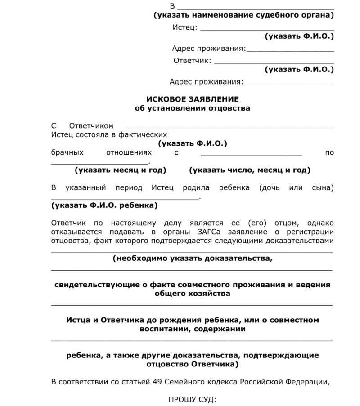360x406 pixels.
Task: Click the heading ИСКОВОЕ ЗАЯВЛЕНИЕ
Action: click(x=193, y=99)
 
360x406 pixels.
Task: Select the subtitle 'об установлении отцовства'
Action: click(x=193, y=108)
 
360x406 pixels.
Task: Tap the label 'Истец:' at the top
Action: click(x=185, y=27)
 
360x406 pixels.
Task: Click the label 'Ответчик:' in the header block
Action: click(x=192, y=61)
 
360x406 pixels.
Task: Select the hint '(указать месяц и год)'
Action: click(x=121, y=170)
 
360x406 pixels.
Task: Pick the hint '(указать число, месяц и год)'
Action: click(x=250, y=170)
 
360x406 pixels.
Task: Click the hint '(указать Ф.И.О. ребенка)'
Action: click(x=104, y=205)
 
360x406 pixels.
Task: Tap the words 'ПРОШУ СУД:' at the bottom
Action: click(x=193, y=399)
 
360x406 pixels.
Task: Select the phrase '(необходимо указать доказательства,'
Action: click(x=193, y=259)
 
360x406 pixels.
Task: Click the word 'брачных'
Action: click(x=67, y=152)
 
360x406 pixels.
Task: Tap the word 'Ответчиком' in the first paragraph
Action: click(x=91, y=126)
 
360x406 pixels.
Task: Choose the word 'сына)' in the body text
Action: click(x=323, y=187)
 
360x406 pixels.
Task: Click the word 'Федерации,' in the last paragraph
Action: click(x=310, y=382)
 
